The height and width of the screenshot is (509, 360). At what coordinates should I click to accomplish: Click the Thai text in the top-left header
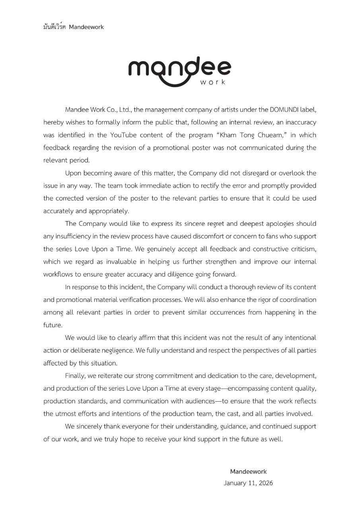pos(55,27)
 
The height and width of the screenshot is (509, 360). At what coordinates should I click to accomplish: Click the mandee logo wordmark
pos(179,70)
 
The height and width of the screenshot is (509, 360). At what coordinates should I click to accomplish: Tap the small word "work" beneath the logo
pos(213,82)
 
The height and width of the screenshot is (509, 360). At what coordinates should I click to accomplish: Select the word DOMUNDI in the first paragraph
pos(284,109)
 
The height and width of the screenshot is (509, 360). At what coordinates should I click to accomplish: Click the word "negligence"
pos(118,351)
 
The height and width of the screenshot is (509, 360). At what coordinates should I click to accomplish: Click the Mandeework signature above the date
pos(248,472)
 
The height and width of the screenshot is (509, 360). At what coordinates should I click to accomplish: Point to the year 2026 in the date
pos(265,484)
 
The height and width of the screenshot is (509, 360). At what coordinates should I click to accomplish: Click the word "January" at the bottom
pos(235,484)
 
